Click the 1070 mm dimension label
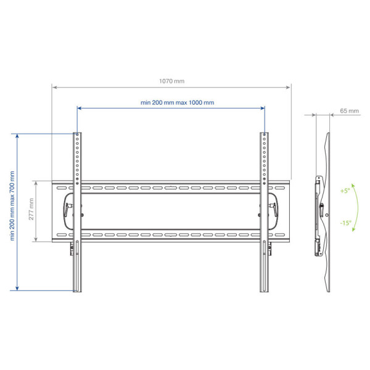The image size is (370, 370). pyautogui.click(x=172, y=81)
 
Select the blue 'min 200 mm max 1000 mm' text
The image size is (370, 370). pyautogui.click(x=177, y=102)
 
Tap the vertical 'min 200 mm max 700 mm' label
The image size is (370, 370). pyautogui.click(x=12, y=206)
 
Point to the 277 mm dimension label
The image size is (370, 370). pyautogui.click(x=31, y=209)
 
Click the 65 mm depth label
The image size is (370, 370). pyautogui.click(x=349, y=111)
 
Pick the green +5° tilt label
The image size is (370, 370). pyautogui.click(x=345, y=191)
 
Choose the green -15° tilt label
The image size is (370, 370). pyautogui.click(x=346, y=223)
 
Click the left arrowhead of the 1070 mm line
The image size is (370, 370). pyautogui.click(x=54, y=88)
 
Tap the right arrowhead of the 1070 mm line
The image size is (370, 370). pyautogui.click(x=288, y=88)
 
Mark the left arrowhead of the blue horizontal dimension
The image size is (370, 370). pyautogui.click(x=80, y=108)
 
